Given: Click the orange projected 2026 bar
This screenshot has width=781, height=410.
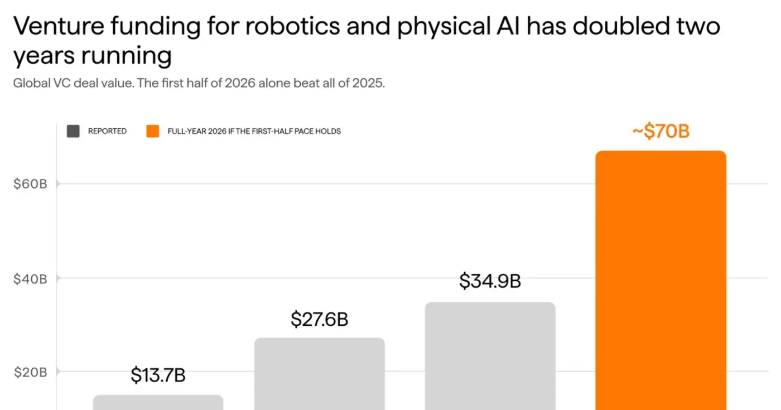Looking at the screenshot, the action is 661,280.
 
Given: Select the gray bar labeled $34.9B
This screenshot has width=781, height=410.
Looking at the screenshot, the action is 490,356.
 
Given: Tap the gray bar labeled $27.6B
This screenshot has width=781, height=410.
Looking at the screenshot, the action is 319,374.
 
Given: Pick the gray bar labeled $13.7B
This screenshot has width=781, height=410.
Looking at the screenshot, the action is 158,402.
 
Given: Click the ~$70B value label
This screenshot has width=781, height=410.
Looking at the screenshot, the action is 661,131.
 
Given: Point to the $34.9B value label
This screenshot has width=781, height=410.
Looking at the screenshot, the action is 490,281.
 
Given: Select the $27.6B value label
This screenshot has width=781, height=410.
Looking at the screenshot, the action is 319,319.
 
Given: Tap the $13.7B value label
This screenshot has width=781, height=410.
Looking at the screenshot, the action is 158,375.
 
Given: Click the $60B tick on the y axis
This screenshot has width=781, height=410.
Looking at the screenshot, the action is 30,184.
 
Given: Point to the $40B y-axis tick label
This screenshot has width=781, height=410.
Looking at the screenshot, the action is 30,279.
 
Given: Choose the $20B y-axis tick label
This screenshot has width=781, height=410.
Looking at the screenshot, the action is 30,373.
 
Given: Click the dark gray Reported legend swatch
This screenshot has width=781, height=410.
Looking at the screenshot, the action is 73,131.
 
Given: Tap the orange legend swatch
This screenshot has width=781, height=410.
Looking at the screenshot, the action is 153,131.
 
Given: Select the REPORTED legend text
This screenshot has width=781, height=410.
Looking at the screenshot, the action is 107,131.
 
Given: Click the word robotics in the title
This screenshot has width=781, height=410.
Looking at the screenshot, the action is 292,26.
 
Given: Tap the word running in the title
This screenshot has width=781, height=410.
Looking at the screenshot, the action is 127,55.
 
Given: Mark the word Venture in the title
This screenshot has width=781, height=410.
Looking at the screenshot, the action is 59,26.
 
